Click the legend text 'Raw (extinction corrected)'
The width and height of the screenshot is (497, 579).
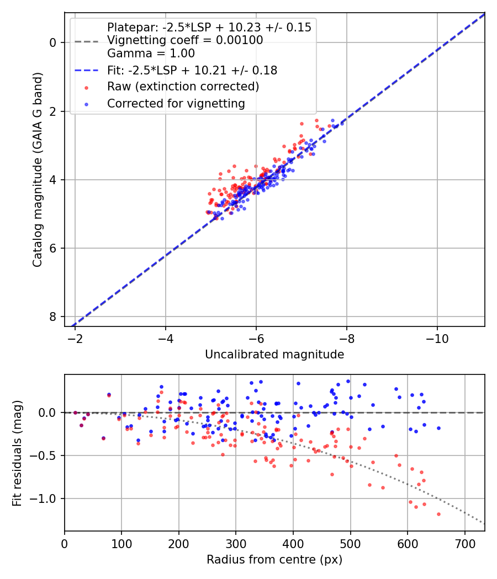(183, 87)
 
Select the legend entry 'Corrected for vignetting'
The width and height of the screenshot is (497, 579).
(176, 103)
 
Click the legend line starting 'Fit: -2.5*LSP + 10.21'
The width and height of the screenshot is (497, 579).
(192, 71)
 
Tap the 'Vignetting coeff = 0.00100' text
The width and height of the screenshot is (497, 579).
(185, 40)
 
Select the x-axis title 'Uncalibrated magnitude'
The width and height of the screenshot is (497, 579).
(274, 355)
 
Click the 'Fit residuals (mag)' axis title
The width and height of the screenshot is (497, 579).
(17, 453)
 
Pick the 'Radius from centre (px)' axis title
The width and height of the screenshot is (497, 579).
(274, 560)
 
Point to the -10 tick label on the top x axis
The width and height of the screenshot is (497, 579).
(437, 338)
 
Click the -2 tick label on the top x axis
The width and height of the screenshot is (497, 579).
(75, 338)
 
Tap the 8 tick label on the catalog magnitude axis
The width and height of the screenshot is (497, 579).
(53, 317)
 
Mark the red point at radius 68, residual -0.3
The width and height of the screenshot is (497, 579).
(103, 438)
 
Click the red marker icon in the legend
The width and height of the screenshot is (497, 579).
(86, 87)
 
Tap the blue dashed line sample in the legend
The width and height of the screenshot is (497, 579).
(86, 71)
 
